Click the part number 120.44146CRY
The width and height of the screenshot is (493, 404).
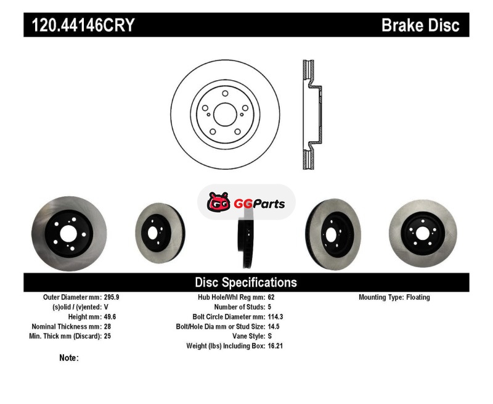click(83, 25)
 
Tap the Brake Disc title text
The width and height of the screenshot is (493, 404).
click(420, 25)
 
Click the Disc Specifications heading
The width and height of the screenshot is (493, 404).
click(246, 282)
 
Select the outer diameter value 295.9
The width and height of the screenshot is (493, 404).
click(112, 297)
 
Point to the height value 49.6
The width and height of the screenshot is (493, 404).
click(110, 316)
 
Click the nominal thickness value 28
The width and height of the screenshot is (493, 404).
click(107, 326)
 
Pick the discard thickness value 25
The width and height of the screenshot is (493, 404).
click(107, 336)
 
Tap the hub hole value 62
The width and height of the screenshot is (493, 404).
click(271, 297)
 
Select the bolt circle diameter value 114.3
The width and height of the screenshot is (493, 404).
click(275, 316)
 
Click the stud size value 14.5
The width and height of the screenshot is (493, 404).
click(274, 326)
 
